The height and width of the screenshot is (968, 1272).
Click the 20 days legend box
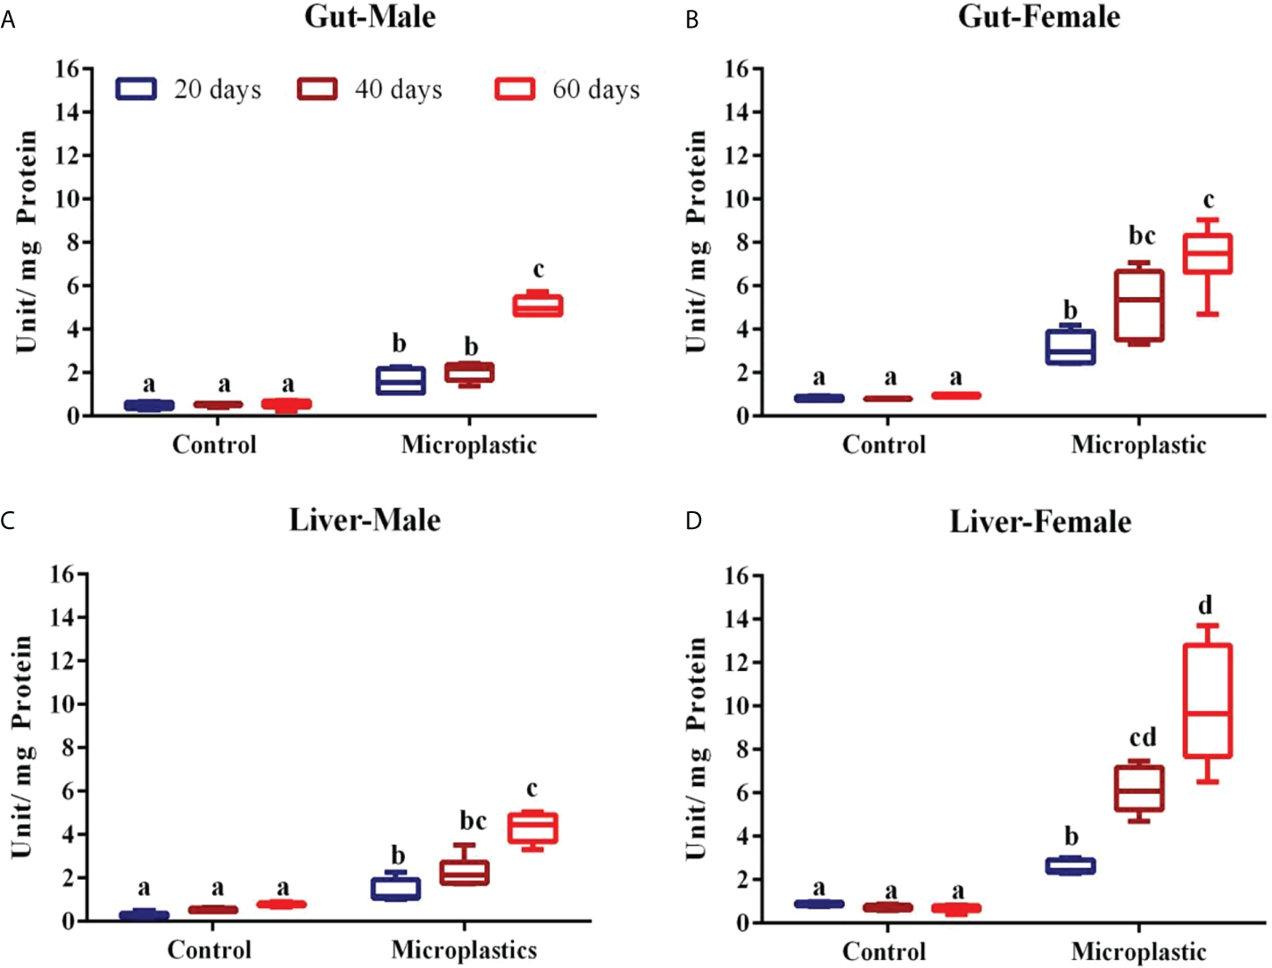tap(136, 89)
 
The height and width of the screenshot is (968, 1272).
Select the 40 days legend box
tap(317, 89)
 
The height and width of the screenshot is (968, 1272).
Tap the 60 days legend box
tap(515, 89)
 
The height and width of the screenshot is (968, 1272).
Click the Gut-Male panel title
tap(370, 17)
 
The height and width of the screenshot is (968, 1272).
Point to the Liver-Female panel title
tap(1040, 521)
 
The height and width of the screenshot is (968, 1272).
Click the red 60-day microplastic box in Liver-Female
tap(1208, 701)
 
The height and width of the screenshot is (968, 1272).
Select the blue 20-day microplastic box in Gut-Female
tap(1070, 347)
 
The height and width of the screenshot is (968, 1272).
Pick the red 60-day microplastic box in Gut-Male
tap(538, 306)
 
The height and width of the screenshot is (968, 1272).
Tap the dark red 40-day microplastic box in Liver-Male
tap(464, 873)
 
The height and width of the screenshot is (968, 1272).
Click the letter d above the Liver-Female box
tap(1205, 606)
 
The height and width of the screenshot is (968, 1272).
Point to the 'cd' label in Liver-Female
tap(1143, 738)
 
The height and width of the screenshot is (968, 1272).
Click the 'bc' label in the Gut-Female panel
tap(1142, 236)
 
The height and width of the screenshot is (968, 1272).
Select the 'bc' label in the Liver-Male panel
tap(473, 820)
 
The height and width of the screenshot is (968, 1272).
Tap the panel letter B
tap(692, 20)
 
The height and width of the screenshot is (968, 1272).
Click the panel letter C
tap(8, 520)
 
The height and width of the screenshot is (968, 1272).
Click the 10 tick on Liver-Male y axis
tap(62, 704)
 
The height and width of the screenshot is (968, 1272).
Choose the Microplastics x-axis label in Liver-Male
tap(464, 950)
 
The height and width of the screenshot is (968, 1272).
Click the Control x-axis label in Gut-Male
tap(214, 444)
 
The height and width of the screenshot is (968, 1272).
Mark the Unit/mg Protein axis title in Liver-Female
tap(697, 748)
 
